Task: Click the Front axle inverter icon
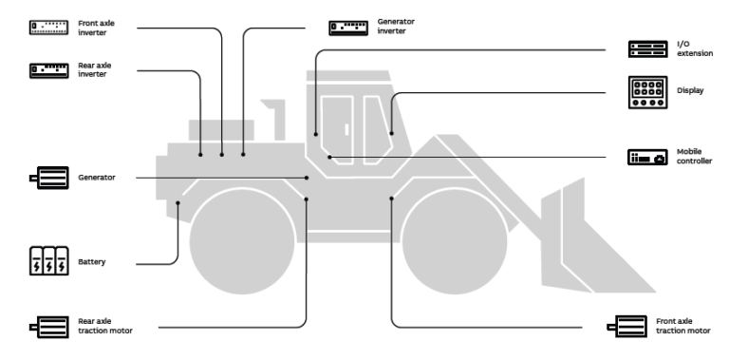click(x=48, y=28)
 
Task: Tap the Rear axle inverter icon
click(x=48, y=69)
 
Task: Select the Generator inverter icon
click(x=347, y=27)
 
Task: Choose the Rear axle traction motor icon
click(x=48, y=327)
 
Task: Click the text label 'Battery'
click(x=92, y=259)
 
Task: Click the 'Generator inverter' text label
click(x=396, y=27)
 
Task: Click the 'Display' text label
click(x=688, y=92)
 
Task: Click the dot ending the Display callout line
click(x=392, y=134)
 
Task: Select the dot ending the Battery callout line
click(x=178, y=201)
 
